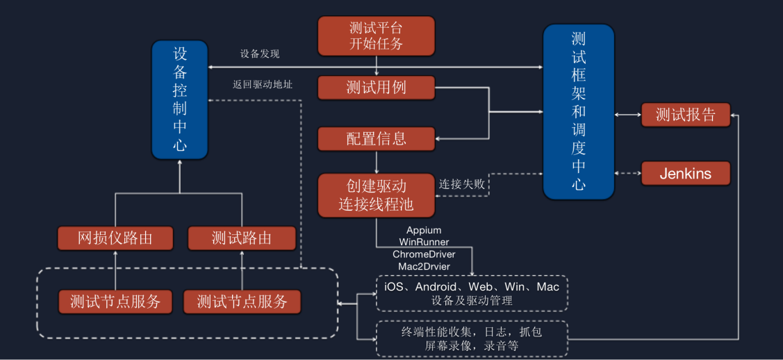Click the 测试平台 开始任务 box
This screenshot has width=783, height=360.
coord(376,35)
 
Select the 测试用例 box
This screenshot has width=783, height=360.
coord(376,88)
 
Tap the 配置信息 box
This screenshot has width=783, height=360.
coord(376,138)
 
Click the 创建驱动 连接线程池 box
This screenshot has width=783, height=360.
coord(376,195)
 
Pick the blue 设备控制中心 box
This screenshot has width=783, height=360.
coord(180,99)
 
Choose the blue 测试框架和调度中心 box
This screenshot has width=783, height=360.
coord(578,111)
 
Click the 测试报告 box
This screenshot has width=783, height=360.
coord(685,115)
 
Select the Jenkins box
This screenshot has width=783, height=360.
coord(685,173)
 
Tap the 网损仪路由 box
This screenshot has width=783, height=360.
coord(115,238)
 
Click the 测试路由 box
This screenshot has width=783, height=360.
coord(242,238)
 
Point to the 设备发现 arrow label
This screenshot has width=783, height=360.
coord(260,54)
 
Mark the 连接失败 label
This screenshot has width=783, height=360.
coord(462,185)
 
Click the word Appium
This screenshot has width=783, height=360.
coord(424,230)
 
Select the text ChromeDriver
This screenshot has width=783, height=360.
coord(424,254)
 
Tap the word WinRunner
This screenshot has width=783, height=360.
coord(424,242)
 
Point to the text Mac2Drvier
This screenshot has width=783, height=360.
coord(424,266)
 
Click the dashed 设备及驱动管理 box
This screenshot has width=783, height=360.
coord(472,293)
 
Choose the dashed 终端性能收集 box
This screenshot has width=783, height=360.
coord(472,338)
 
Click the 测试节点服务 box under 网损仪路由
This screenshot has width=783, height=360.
coord(115,302)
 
